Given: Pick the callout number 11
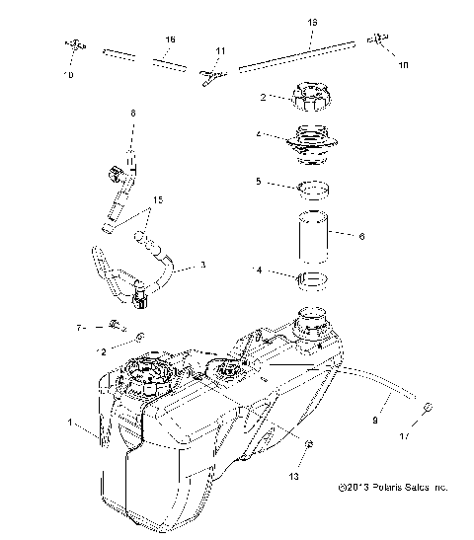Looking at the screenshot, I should click(219, 50).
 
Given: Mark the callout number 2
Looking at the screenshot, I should click(263, 98).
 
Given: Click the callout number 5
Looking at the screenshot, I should click(258, 182).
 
